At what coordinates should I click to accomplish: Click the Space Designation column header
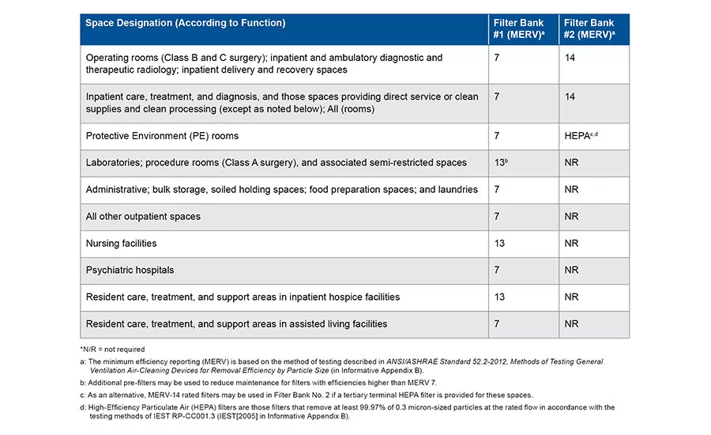(x=186, y=23)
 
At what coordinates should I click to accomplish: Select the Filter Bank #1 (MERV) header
(x=519, y=28)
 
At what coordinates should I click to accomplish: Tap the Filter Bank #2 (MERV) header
(x=589, y=28)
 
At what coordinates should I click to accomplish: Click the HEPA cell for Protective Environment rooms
(x=581, y=136)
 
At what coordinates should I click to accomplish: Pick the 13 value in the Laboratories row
(x=501, y=162)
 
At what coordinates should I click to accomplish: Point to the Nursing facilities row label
(x=121, y=244)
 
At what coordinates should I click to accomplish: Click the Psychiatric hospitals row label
(x=130, y=270)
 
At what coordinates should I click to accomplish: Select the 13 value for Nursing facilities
(x=499, y=244)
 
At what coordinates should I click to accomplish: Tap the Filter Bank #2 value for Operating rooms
(x=570, y=58)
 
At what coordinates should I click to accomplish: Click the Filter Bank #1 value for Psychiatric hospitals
(x=497, y=270)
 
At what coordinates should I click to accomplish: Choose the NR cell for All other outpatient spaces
(x=571, y=217)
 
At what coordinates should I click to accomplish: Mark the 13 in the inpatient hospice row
(x=499, y=297)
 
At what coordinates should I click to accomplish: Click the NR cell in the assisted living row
(x=571, y=323)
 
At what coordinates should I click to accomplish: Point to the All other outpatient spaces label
(x=143, y=217)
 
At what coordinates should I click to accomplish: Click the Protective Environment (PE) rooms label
(x=162, y=136)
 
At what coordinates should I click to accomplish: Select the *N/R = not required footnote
(x=112, y=349)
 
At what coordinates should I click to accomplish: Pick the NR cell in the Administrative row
(x=571, y=189)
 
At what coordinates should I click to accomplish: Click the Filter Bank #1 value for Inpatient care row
(x=497, y=96)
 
